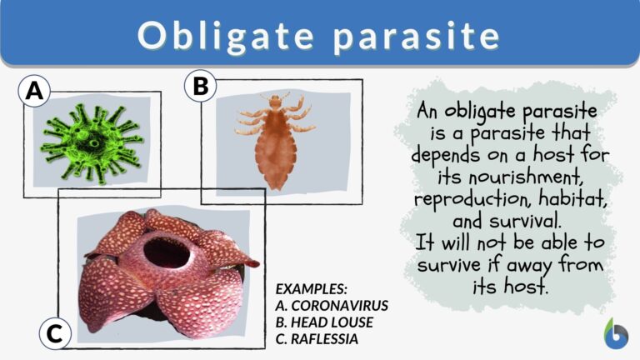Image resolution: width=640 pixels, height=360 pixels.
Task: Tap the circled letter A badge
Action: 34,92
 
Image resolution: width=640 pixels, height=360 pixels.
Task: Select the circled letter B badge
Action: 200,85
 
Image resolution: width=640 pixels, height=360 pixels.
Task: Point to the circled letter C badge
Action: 54,334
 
